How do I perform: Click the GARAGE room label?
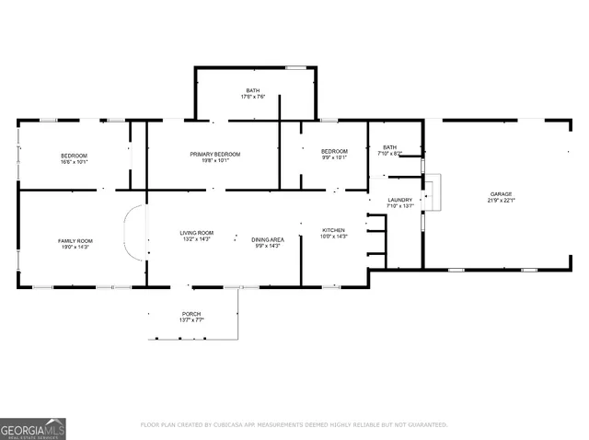click(x=501, y=194)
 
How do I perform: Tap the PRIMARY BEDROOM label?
click(x=214, y=154)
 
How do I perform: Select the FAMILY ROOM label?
click(x=75, y=240)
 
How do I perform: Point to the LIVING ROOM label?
click(x=196, y=233)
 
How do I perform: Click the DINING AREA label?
click(x=269, y=239)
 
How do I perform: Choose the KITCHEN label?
click(x=332, y=230)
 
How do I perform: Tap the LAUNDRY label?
click(x=399, y=200)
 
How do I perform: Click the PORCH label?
click(x=191, y=314)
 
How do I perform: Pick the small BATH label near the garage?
click(x=390, y=146)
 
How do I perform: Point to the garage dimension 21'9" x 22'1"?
click(x=501, y=201)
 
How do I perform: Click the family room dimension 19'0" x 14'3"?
click(x=75, y=247)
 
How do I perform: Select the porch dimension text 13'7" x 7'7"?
click(x=191, y=320)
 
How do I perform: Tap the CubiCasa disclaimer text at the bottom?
click(x=294, y=424)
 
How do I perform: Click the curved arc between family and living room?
click(x=133, y=234)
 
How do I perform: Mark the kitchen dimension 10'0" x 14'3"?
click(x=332, y=237)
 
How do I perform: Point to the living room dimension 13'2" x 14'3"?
click(x=196, y=239)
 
